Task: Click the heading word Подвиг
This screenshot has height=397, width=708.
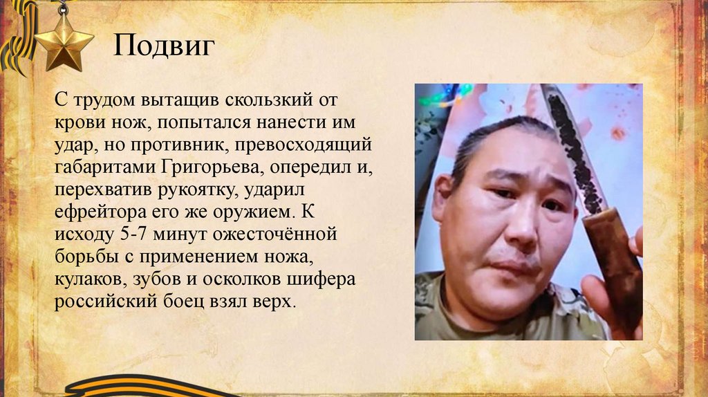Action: point(164,47)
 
